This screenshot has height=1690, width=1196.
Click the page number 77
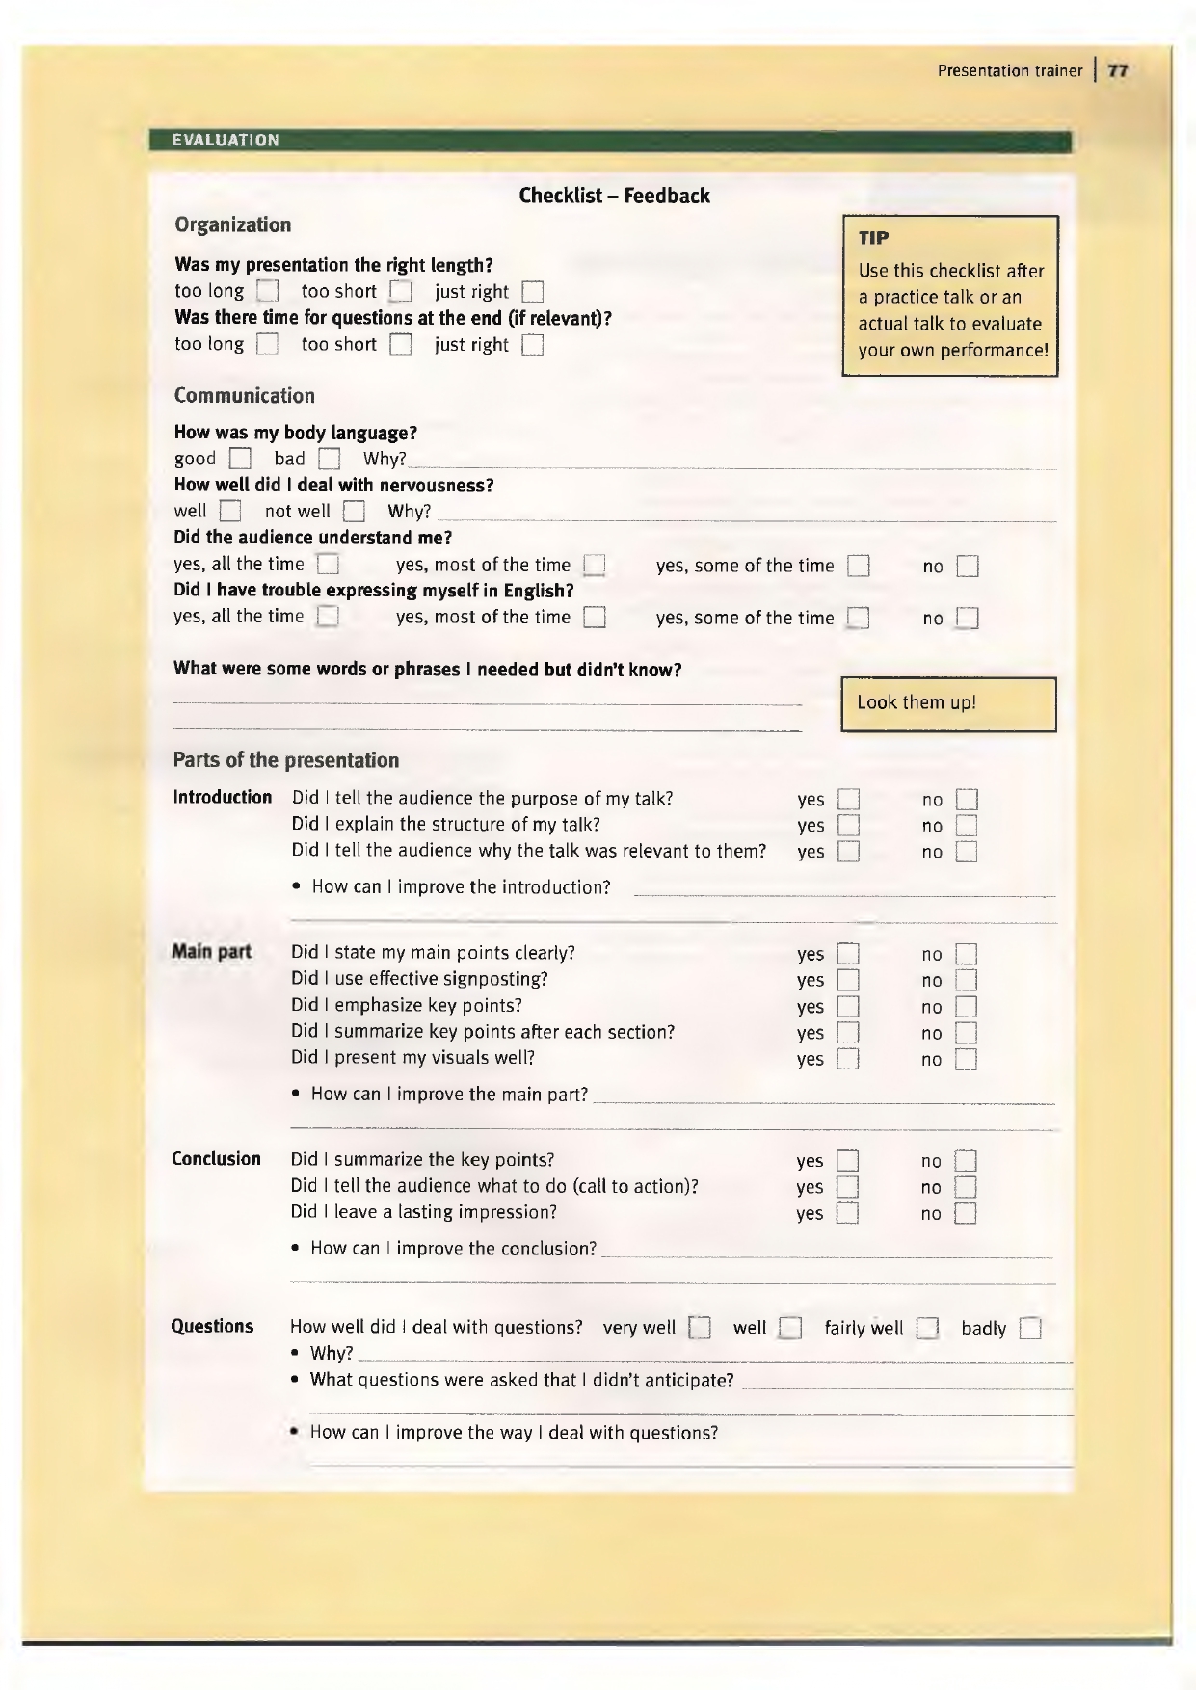click(x=1117, y=70)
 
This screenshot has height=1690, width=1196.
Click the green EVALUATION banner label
click(x=226, y=141)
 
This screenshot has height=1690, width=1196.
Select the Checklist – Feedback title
click(x=614, y=196)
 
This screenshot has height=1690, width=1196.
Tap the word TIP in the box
click(x=874, y=237)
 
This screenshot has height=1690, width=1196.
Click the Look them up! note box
click(x=948, y=703)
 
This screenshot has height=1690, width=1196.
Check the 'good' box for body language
click(x=240, y=459)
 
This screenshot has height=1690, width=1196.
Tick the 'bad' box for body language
click(x=330, y=459)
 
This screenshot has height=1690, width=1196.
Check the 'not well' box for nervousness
click(x=355, y=512)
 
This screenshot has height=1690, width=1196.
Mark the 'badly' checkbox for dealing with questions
click(x=1030, y=1330)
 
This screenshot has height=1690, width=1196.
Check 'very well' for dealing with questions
click(x=700, y=1330)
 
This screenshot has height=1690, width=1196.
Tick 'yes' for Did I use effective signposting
click(x=848, y=981)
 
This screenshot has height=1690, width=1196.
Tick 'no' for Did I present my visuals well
click(x=966, y=1060)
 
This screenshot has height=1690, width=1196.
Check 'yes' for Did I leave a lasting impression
click(x=847, y=1214)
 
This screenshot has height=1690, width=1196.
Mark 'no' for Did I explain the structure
click(x=967, y=826)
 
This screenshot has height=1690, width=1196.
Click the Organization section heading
click(x=232, y=225)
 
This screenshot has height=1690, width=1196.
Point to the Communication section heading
click(x=244, y=396)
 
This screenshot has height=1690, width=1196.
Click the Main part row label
click(x=211, y=953)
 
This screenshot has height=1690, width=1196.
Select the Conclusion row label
click(x=216, y=1159)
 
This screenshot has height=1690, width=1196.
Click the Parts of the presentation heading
click(x=285, y=760)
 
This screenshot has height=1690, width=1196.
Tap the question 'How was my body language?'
click(x=295, y=433)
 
